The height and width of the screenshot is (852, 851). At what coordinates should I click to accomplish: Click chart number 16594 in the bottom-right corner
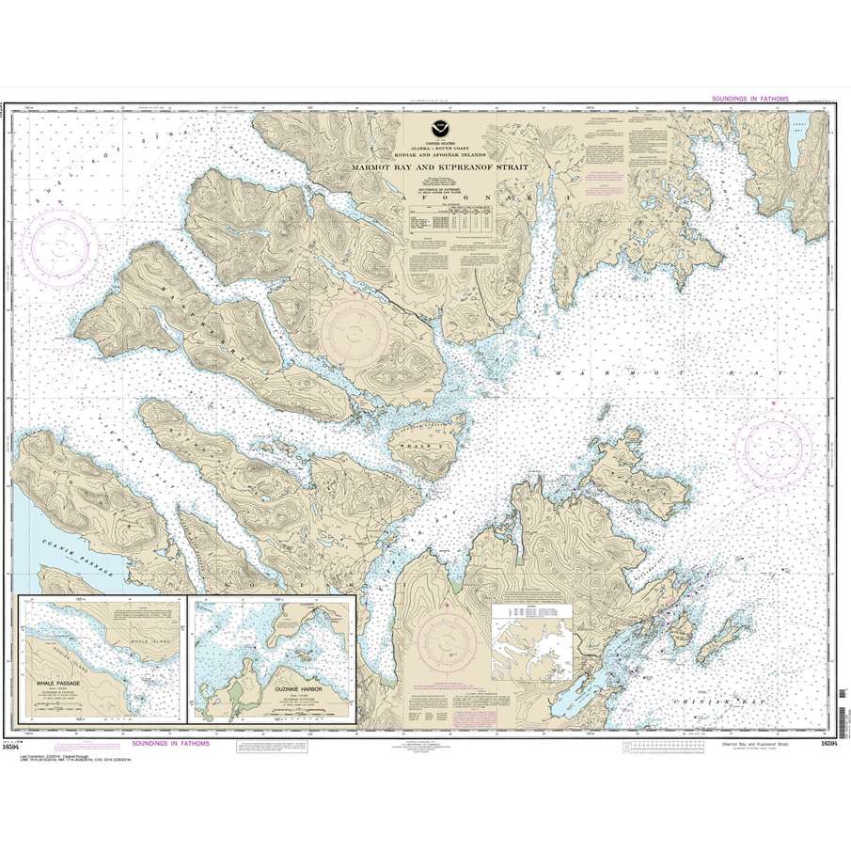tap(827, 744)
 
